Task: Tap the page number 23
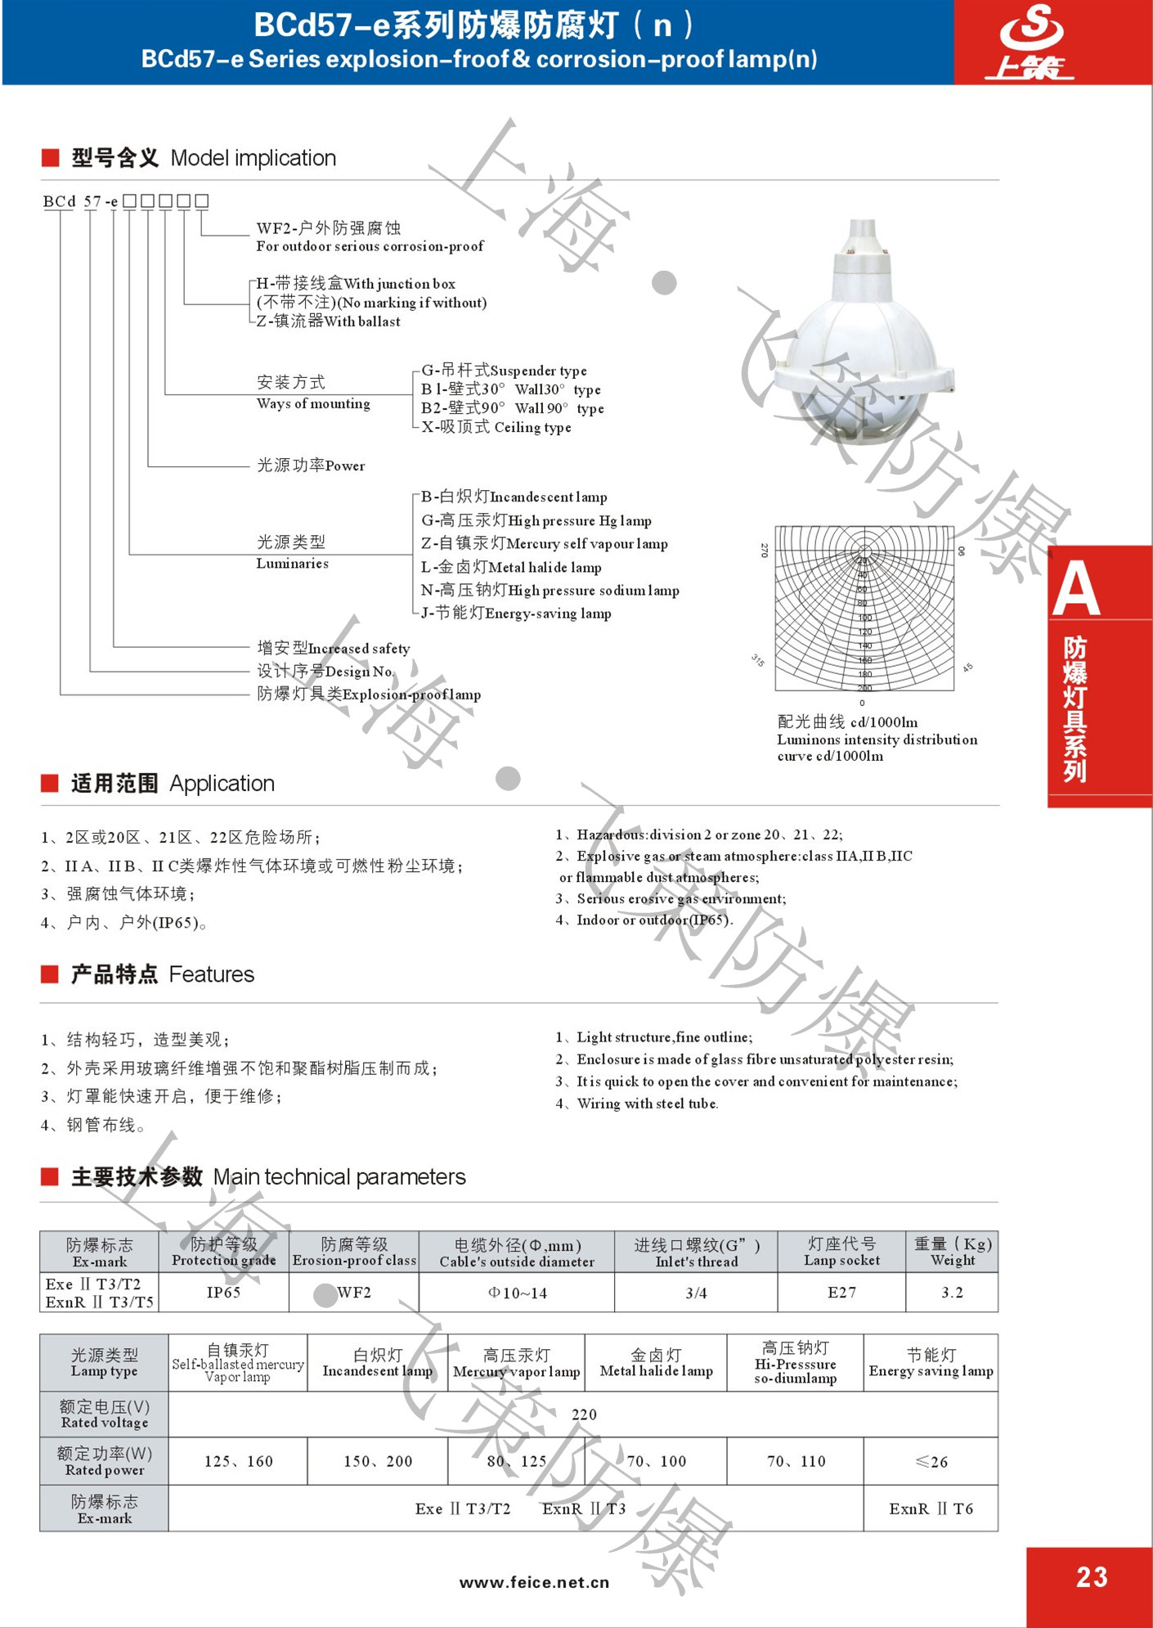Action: point(1092,1576)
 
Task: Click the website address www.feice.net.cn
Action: point(534,1582)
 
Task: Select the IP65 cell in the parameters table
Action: point(223,1293)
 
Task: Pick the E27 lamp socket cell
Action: point(841,1293)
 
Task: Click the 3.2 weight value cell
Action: point(952,1293)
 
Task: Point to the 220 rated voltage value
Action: point(584,1414)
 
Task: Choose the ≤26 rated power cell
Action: point(931,1461)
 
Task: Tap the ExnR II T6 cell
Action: point(931,1509)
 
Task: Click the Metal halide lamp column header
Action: point(656,1363)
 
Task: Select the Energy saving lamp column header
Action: point(931,1363)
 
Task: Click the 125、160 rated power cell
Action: point(238,1461)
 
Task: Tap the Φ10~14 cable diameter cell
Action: point(517,1293)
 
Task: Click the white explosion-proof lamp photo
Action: point(863,344)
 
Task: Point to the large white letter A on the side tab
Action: point(1076,589)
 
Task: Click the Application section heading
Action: point(173,783)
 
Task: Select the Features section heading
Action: point(163,974)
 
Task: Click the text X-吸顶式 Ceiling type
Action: point(496,427)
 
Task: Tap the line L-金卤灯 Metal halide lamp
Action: point(511,567)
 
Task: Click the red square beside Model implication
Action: point(50,158)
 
